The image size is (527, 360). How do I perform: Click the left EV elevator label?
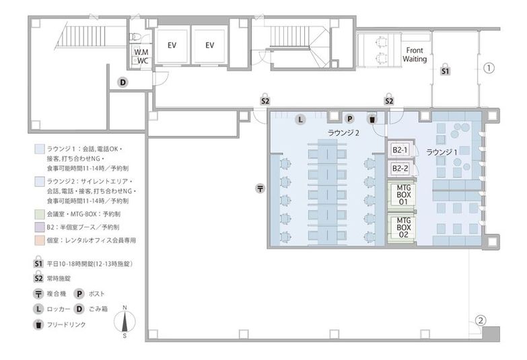[172, 45]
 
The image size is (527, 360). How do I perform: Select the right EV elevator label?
[210, 45]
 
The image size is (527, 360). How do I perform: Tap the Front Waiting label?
[415, 55]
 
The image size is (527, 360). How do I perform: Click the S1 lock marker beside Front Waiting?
[445, 70]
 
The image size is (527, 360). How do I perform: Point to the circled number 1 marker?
[489, 68]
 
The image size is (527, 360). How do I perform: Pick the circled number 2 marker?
[481, 320]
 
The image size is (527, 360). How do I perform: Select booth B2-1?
[400, 150]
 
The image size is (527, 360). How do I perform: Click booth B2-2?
[400, 168]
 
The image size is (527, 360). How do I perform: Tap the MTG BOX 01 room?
[402, 194]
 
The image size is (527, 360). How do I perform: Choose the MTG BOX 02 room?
[402, 227]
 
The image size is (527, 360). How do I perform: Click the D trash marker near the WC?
[123, 82]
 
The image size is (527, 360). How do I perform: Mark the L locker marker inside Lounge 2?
[300, 119]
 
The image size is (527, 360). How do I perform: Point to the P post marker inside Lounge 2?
[349, 118]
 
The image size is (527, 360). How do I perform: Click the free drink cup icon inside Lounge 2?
[372, 119]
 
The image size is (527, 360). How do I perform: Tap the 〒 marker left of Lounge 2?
[260, 188]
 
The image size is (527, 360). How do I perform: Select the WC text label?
[143, 61]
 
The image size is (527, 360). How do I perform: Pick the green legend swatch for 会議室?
[39, 214]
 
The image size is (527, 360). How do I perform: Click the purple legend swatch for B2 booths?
[39, 227]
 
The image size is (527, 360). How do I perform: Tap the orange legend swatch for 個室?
[39, 240]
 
